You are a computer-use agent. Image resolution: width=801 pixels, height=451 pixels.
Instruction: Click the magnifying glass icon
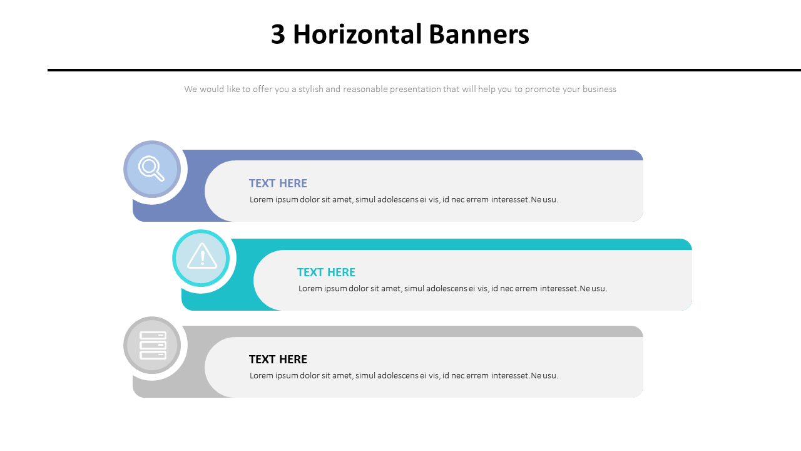click(151, 168)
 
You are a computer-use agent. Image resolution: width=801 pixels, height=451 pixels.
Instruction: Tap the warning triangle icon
click(202, 257)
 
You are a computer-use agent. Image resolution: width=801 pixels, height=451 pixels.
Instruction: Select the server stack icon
click(153, 345)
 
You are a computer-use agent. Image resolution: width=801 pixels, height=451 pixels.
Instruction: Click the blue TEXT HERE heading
click(278, 184)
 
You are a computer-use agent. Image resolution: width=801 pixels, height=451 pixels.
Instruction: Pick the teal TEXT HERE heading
click(326, 272)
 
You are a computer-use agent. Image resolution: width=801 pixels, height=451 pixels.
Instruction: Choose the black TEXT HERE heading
click(278, 360)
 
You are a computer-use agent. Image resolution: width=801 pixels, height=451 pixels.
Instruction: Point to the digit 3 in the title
click(278, 34)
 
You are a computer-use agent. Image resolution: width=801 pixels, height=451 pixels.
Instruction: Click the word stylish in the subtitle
click(310, 90)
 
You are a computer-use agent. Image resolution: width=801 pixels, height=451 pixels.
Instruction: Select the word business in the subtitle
click(599, 90)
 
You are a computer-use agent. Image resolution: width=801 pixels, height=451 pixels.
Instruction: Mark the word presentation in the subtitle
click(415, 90)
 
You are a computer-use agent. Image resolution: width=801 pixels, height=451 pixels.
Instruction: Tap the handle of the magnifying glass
click(159, 176)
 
